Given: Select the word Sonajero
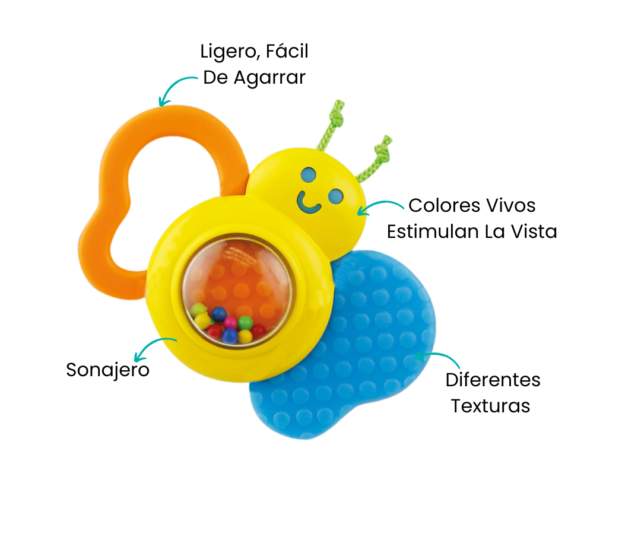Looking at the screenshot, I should pos(107,370).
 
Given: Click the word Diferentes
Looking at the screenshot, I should pos(493,380).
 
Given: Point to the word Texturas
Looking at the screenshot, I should pos(490,406).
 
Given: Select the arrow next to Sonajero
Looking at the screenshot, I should pos(154,347).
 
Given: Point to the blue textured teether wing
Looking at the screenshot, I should pos(356,356).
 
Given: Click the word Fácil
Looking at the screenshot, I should pos(287,52).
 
